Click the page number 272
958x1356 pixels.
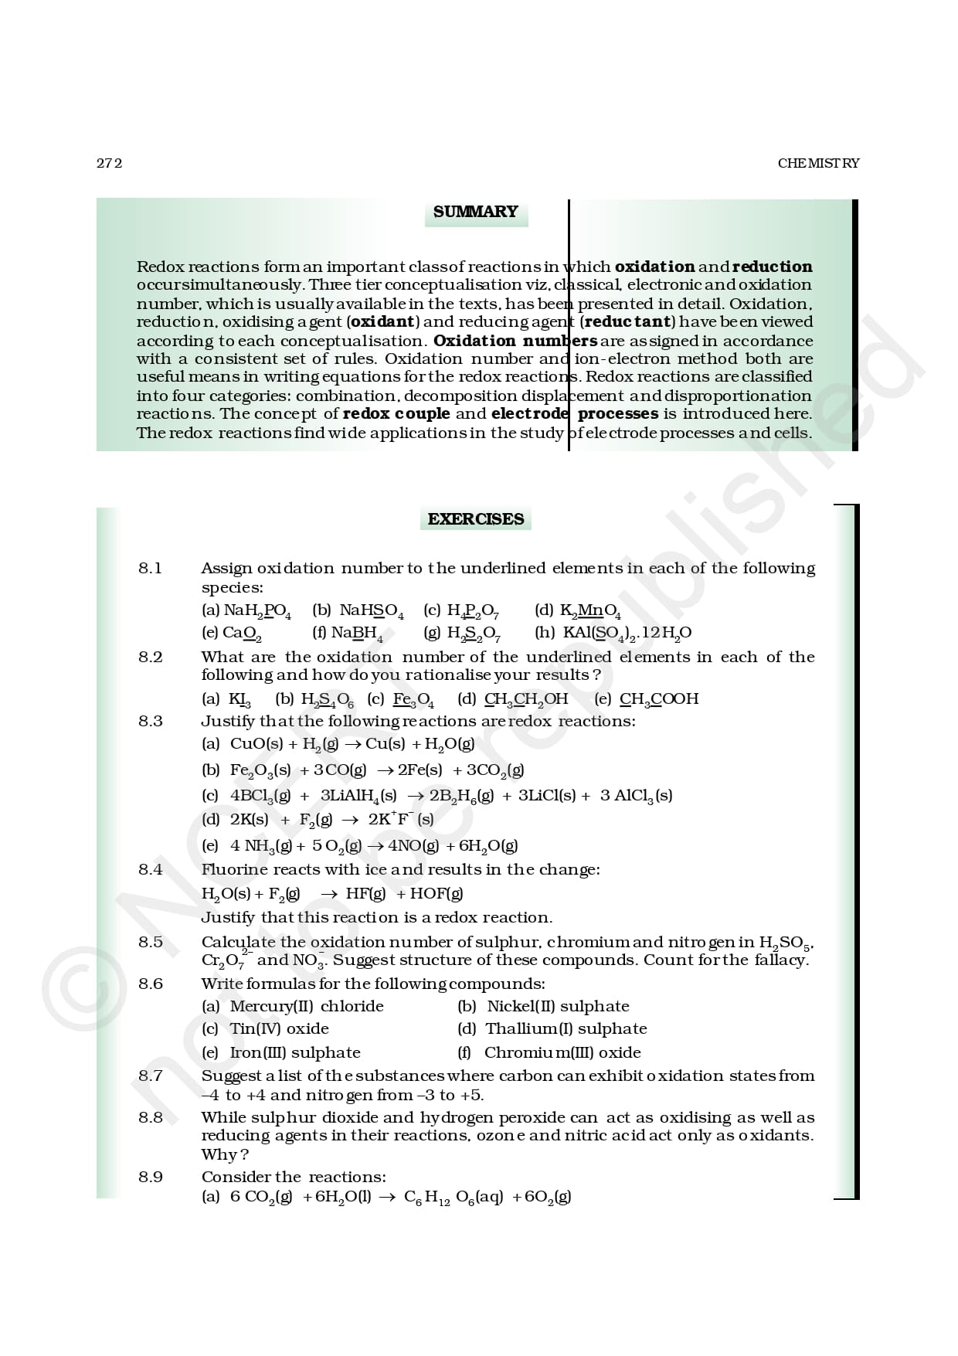[109, 163]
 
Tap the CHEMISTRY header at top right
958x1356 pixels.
[818, 163]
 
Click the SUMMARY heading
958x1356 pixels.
[475, 212]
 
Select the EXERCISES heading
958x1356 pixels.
[475, 519]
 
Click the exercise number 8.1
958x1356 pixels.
[151, 568]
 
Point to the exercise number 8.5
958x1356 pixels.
[151, 942]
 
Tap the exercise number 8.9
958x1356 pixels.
[151, 1177]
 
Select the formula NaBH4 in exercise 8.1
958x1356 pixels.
[357, 634]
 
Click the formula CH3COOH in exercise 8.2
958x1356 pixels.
[659, 699]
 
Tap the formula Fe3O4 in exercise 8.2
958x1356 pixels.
[413, 699]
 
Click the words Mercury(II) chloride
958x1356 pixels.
[307, 1006]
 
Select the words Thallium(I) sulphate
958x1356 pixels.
[566, 1028]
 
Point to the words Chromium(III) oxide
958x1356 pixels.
[562, 1052]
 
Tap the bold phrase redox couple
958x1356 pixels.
[396, 413]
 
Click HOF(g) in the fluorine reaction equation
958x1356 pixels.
[437, 894]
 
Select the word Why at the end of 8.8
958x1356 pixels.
[220, 1154]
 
